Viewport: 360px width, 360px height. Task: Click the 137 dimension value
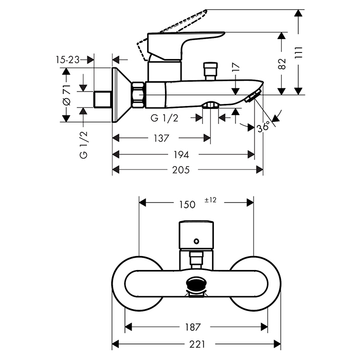161,138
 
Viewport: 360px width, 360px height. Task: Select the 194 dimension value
182,154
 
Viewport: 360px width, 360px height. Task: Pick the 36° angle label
263,127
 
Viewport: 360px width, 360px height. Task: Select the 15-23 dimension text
67,60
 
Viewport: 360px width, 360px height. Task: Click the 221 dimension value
196,343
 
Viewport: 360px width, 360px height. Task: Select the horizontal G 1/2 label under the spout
165,118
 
